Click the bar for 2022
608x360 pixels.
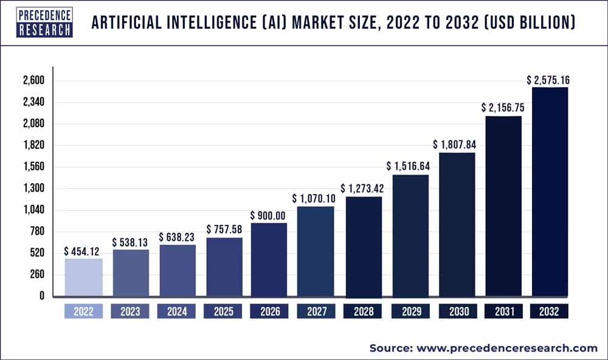pyautogui.click(x=83, y=278)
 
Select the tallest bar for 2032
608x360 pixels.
pyautogui.click(x=550, y=192)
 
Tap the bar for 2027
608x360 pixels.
pyautogui.click(x=316, y=251)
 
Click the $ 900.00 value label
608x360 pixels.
pyautogui.click(x=269, y=215)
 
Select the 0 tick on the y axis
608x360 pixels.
pyautogui.click(x=40, y=296)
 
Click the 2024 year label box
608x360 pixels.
pyautogui.click(x=177, y=311)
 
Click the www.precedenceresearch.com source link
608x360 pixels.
pyautogui.click(x=507, y=348)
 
